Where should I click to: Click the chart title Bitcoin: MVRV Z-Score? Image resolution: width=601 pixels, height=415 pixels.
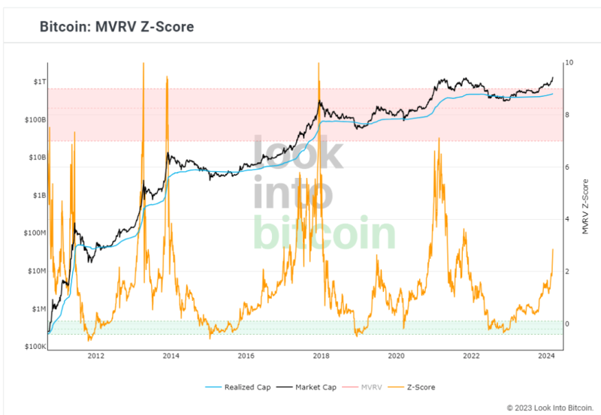tap(116, 27)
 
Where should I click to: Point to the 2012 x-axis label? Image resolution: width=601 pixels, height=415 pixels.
tap(95, 356)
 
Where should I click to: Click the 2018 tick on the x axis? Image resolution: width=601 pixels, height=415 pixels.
tap(321, 356)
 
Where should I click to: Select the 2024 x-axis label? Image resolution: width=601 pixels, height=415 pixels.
tap(547, 356)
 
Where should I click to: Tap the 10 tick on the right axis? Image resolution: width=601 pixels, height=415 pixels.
tap(569, 62)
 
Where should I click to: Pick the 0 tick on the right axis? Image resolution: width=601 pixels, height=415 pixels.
tap(567, 324)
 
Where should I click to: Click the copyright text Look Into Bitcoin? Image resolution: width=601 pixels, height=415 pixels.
tap(550, 408)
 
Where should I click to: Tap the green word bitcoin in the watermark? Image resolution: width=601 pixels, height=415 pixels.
tap(324, 233)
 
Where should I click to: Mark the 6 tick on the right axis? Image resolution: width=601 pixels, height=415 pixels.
tap(567, 167)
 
